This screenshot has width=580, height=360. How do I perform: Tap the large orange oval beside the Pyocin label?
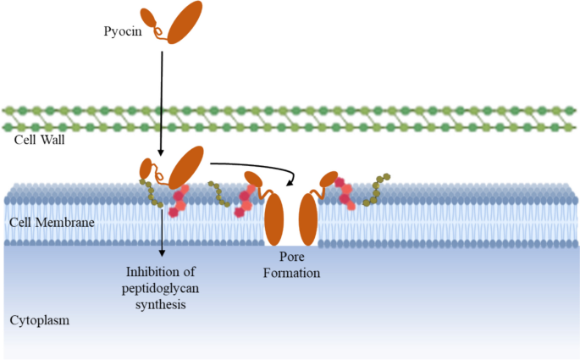[185, 22]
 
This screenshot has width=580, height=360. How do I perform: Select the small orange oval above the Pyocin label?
[148, 16]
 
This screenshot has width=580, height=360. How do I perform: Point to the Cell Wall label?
[40, 139]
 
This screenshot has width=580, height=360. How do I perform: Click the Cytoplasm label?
[39, 321]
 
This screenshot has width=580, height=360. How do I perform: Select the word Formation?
[291, 273]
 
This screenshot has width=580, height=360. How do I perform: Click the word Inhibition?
[160, 271]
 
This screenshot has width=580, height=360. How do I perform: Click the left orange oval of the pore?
[273, 219]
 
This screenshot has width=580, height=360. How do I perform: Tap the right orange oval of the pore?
[307, 219]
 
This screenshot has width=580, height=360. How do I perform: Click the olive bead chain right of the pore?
[374, 191]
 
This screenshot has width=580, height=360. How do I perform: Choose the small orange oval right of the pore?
[326, 180]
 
